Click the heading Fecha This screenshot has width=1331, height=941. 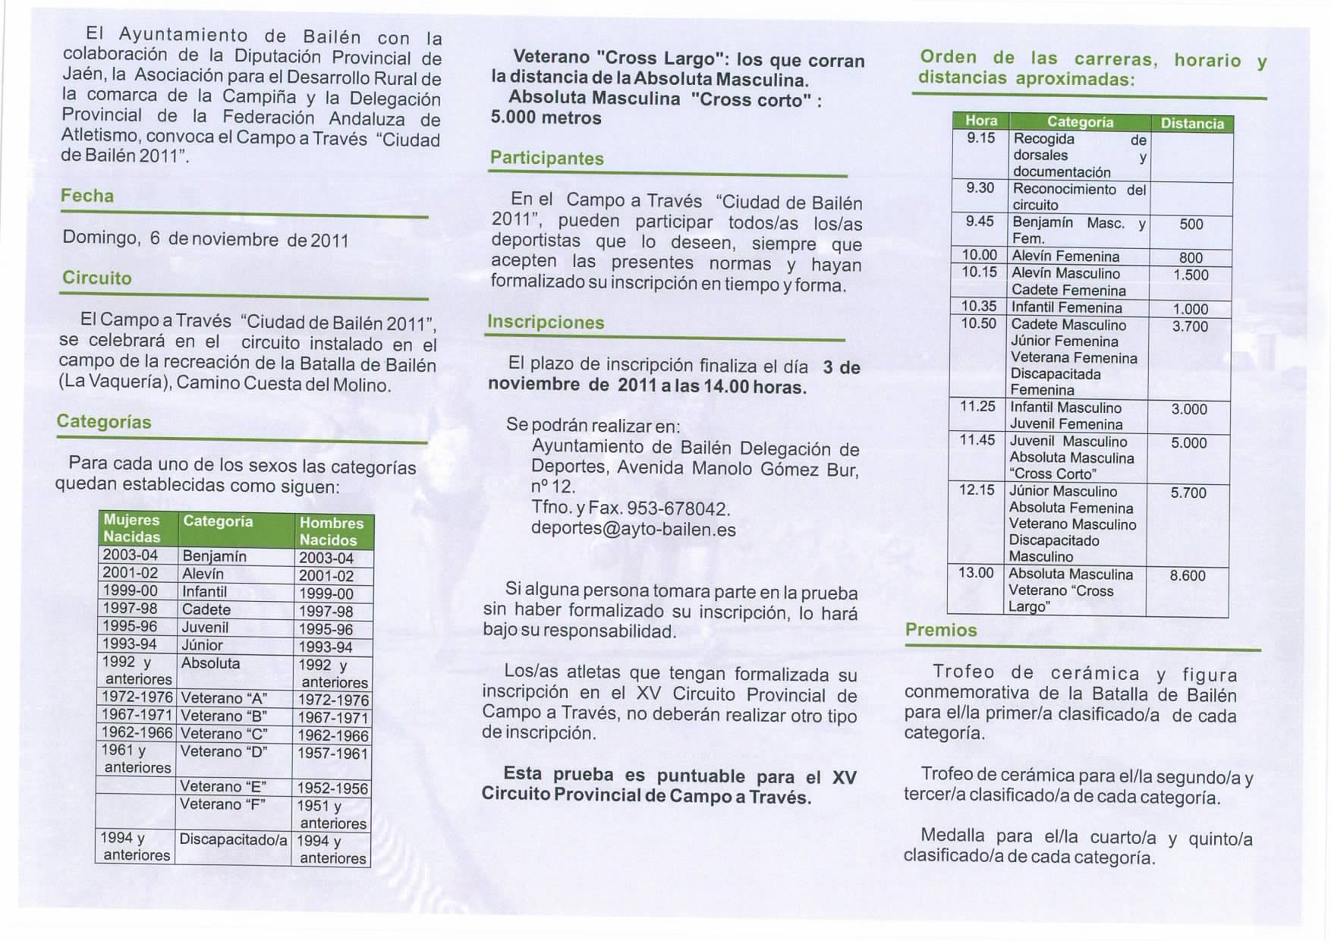[x=87, y=196]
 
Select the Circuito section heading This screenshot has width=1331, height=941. [x=96, y=278]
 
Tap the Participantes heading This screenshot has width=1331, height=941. [x=546, y=159]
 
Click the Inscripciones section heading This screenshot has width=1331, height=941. [x=545, y=323]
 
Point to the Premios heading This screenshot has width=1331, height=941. [x=941, y=630]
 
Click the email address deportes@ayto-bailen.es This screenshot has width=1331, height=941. [x=634, y=529]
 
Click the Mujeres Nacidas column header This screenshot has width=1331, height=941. [x=132, y=528]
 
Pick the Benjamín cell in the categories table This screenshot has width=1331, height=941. [x=214, y=556]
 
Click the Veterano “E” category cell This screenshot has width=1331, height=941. [x=222, y=787]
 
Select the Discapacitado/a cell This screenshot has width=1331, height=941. [x=233, y=840]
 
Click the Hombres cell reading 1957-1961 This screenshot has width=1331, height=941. [x=332, y=754]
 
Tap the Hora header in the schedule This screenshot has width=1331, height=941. [x=980, y=121]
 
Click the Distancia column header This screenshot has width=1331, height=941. [x=1191, y=124]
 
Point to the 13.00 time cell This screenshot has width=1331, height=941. [x=976, y=573]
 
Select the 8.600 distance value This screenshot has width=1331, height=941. [x=1187, y=576]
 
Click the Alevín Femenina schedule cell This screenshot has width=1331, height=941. [x=1065, y=256]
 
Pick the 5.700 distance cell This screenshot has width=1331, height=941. [x=1188, y=493]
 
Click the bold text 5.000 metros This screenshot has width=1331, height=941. [x=546, y=118]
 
